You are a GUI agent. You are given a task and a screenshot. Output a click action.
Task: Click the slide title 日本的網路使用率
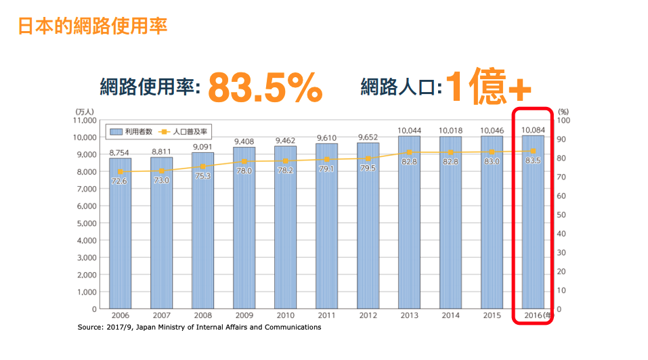click(93, 26)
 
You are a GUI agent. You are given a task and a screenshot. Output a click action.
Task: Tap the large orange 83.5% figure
click(265, 87)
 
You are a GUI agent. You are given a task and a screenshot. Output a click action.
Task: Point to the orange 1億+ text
click(488, 86)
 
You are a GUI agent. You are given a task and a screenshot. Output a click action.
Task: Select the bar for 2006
click(121, 233)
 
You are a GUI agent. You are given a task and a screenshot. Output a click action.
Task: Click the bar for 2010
click(285, 227)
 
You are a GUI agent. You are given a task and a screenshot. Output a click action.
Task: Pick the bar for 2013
click(409, 222)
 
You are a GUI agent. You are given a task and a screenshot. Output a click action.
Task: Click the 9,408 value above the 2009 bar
click(244, 141)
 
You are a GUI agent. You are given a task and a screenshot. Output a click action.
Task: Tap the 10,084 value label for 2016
click(533, 130)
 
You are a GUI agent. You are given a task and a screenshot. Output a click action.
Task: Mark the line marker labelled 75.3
click(203, 166)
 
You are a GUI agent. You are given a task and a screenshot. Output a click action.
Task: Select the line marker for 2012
click(368, 158)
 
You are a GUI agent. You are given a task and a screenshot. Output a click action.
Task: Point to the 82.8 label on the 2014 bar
click(450, 162)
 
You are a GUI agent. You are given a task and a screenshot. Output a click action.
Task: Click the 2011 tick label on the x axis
click(326, 315)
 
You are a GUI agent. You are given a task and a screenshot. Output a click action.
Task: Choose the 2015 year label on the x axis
click(492, 315)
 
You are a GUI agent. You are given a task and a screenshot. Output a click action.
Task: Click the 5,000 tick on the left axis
click(87, 223)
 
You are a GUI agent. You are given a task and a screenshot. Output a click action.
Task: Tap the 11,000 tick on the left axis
click(85, 120)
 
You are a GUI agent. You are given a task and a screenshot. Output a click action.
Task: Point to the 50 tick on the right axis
click(561, 215)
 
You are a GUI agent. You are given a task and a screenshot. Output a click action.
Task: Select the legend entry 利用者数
click(131, 132)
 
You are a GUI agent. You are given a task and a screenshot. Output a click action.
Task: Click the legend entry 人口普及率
click(183, 132)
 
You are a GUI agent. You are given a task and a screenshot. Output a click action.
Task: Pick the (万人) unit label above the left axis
click(85, 112)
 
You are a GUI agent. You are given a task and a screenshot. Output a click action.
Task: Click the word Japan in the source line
click(146, 328)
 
